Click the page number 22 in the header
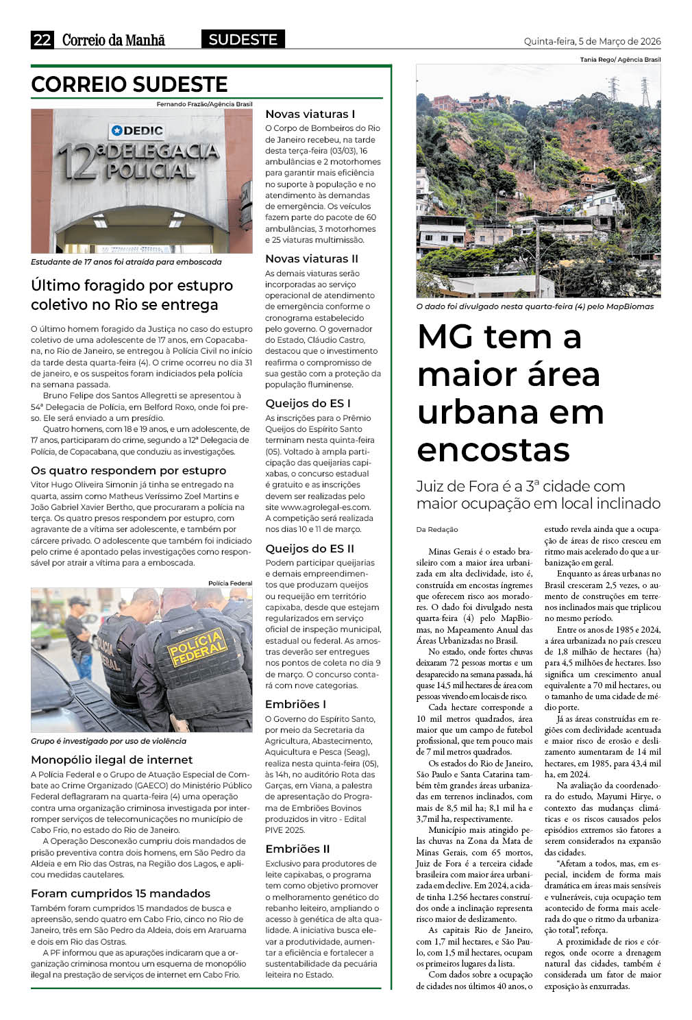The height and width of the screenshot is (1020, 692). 42,40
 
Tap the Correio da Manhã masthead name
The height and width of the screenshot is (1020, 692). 113,40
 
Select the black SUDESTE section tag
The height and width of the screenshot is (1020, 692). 243,40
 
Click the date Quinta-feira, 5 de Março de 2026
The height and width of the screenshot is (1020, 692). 592,41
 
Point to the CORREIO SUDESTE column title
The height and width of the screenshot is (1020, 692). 129,84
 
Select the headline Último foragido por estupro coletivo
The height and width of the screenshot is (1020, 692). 132,295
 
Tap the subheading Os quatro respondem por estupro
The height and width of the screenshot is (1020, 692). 128,470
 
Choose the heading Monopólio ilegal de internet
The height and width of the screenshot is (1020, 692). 112,760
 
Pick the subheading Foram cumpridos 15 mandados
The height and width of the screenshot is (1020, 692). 121,893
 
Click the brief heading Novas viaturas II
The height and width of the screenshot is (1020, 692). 312,258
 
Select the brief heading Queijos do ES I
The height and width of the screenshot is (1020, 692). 308,403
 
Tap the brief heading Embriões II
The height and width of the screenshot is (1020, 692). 297,849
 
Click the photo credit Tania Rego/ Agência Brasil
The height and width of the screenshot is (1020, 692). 620,60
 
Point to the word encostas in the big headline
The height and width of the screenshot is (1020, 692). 493,450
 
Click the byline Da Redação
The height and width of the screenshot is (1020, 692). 437,529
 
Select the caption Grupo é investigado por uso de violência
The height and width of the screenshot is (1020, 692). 108,741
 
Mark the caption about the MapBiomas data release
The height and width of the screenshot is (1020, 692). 535,306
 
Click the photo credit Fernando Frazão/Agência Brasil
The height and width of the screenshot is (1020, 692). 204,104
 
